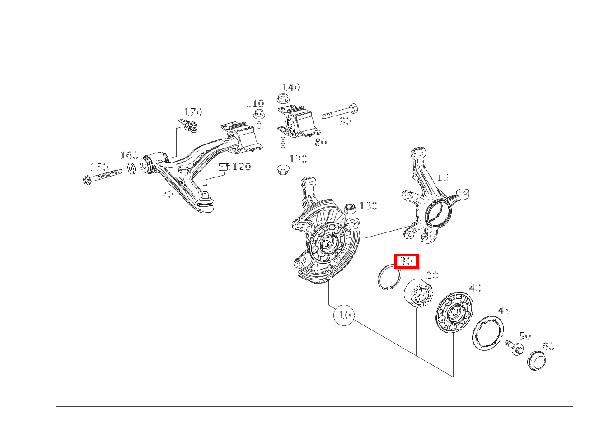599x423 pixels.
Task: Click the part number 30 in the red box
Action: click(x=406, y=261)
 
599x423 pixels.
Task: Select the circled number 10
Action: click(x=344, y=315)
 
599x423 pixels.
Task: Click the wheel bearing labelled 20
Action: click(x=417, y=294)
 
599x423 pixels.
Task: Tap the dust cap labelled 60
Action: click(x=536, y=360)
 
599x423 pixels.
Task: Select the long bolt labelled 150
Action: click(x=103, y=175)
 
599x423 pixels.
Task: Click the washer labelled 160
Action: click(x=131, y=169)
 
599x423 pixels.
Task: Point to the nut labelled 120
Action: click(x=224, y=167)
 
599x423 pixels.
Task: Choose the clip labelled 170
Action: click(x=189, y=125)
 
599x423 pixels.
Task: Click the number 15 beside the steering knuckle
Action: click(x=442, y=177)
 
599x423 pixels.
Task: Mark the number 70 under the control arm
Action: click(x=168, y=194)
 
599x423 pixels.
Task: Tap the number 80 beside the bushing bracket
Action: click(x=320, y=142)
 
